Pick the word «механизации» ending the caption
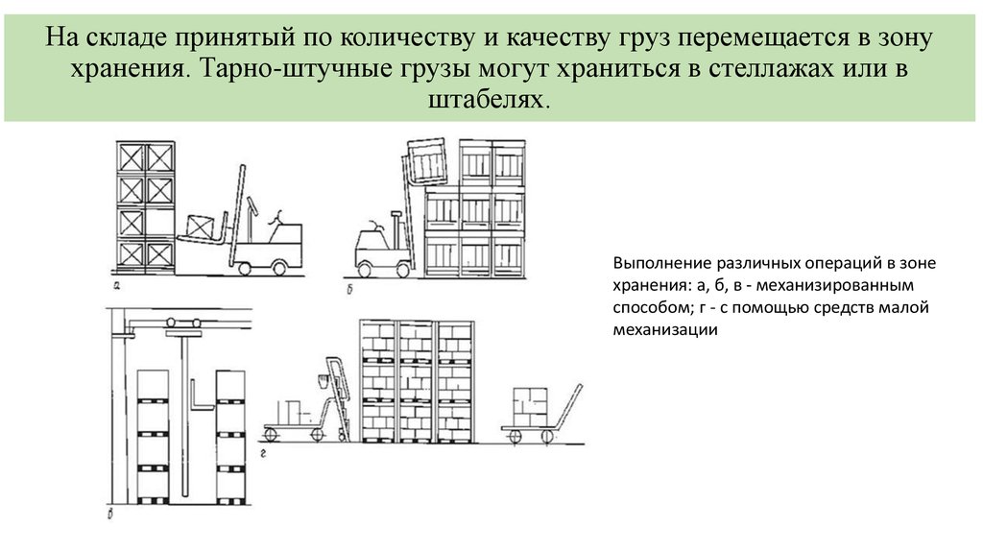tap(665, 329)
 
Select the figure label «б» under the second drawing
tap(349, 289)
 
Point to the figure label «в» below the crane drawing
tap(110, 515)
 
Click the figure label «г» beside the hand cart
tap(263, 452)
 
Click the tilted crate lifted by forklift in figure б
tap(426, 158)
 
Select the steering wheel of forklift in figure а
tap(275, 218)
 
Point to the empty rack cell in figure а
tap(159, 222)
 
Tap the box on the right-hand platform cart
tap(530, 407)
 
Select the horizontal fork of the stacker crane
tap(202, 407)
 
